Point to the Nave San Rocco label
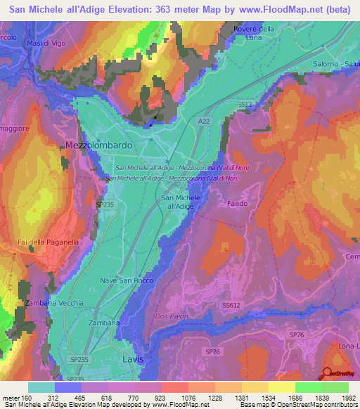127,280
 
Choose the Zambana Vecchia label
53,303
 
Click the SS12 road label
244,104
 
